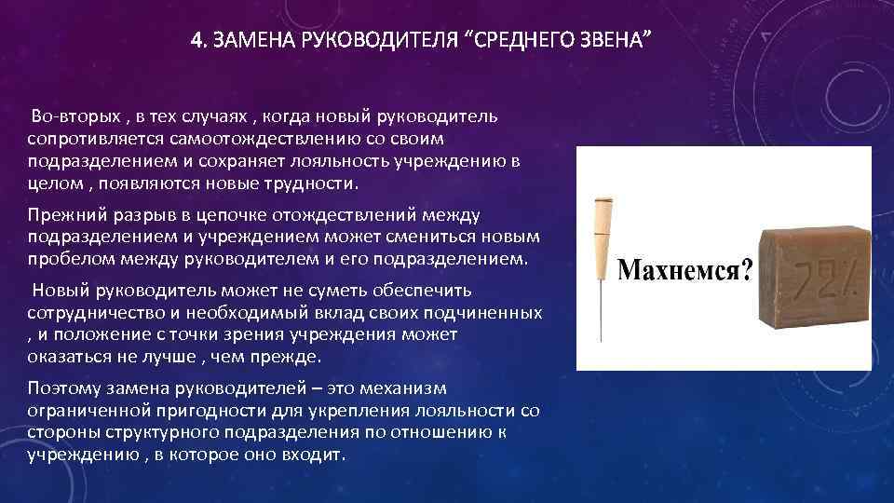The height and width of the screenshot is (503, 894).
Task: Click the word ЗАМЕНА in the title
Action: tap(246, 42)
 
